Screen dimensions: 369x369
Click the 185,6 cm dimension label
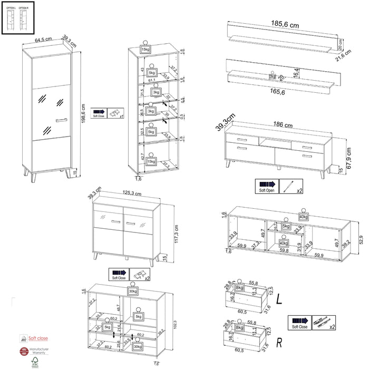[285, 25]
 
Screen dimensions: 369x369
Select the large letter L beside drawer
[279, 298]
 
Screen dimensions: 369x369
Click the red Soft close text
[38, 338]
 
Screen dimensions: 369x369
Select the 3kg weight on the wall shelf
[273, 76]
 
